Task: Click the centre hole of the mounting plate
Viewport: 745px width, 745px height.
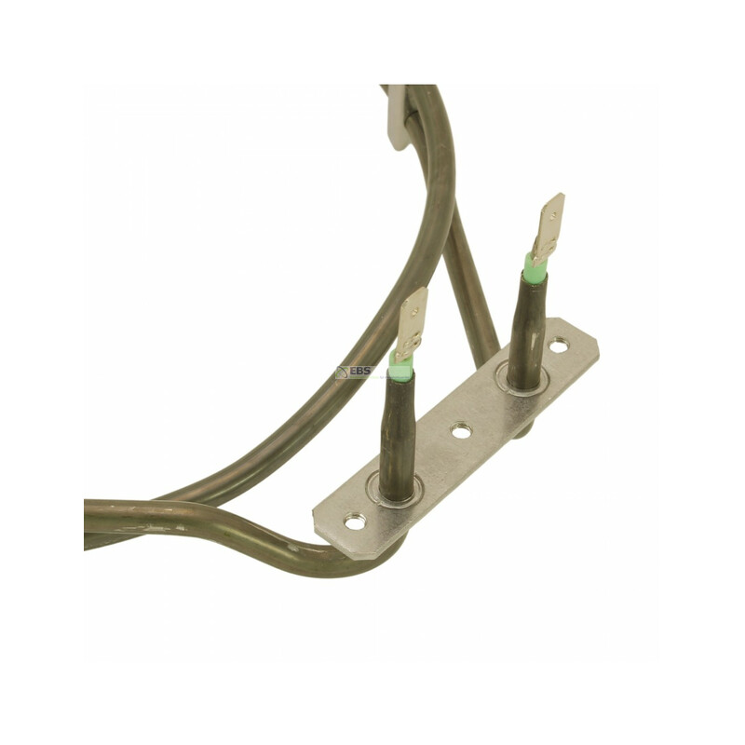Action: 460,431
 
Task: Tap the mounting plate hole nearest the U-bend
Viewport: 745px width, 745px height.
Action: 355,522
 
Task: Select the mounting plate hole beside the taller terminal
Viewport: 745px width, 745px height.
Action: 559,345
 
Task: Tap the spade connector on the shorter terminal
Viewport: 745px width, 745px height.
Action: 411,324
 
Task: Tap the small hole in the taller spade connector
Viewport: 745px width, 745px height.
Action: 551,217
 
